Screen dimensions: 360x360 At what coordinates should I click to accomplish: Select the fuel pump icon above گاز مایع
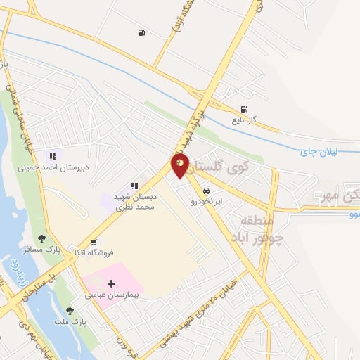coord(244,109)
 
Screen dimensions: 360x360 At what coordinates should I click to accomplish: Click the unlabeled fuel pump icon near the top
coord(142,32)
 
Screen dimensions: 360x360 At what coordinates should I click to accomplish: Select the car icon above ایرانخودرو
coord(206,191)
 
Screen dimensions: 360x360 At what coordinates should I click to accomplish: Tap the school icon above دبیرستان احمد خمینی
coord(52,156)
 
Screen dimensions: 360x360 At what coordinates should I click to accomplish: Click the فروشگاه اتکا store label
coord(95,252)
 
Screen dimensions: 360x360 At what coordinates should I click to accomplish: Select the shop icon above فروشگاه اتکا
coord(94,242)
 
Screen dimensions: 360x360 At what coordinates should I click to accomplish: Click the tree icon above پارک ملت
coord(69,310)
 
